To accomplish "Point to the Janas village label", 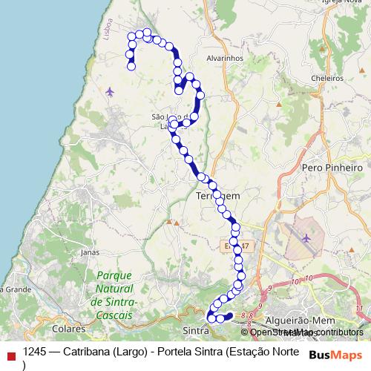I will [x=90, y=252].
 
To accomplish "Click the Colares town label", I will [x=70, y=326].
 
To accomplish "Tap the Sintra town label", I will [x=194, y=326].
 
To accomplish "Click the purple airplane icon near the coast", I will [x=111, y=92].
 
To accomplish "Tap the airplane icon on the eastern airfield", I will [x=307, y=237].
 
